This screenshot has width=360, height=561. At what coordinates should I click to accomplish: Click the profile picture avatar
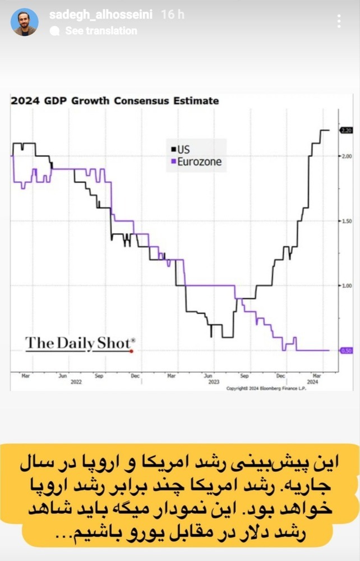click(x=25, y=22)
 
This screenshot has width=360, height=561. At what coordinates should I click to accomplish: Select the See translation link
click(x=101, y=31)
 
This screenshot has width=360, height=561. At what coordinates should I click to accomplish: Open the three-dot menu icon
click(x=339, y=21)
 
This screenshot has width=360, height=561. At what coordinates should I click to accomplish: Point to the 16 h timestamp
click(x=172, y=15)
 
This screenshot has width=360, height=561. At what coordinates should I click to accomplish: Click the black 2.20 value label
click(x=345, y=130)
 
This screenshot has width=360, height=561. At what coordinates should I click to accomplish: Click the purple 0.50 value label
click(x=345, y=351)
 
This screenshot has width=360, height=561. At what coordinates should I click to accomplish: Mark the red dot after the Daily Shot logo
click(x=131, y=351)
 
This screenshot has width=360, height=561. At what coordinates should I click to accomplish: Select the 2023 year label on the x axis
click(x=214, y=381)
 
